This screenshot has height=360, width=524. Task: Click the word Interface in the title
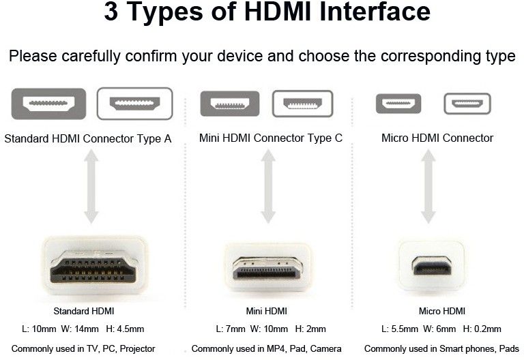point(375,12)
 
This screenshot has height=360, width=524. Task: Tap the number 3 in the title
point(111,12)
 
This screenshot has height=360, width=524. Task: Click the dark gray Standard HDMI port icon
point(49,104)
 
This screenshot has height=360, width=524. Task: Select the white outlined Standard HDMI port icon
point(134,104)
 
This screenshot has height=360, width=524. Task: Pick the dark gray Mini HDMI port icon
point(230,104)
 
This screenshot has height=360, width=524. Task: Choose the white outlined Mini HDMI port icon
point(303,104)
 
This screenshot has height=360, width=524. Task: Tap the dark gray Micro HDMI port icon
point(398,104)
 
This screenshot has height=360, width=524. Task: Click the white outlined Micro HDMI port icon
point(467,104)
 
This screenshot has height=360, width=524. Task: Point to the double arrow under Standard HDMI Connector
point(91,186)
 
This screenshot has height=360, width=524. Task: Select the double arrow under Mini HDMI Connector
point(267,186)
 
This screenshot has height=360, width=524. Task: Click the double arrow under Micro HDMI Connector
point(428,186)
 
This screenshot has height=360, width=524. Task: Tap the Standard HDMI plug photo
point(95,266)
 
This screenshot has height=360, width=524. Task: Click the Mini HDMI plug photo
point(267,267)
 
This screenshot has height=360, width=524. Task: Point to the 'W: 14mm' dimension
point(80,329)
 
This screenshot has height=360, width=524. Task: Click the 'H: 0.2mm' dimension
point(482,329)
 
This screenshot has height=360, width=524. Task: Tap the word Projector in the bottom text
point(137,349)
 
